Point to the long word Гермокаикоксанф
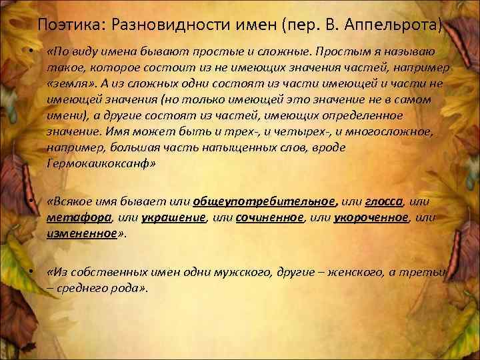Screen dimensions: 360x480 pyautogui.click(x=101, y=163)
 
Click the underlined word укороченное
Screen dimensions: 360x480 pyautogui.click(x=370, y=217)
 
